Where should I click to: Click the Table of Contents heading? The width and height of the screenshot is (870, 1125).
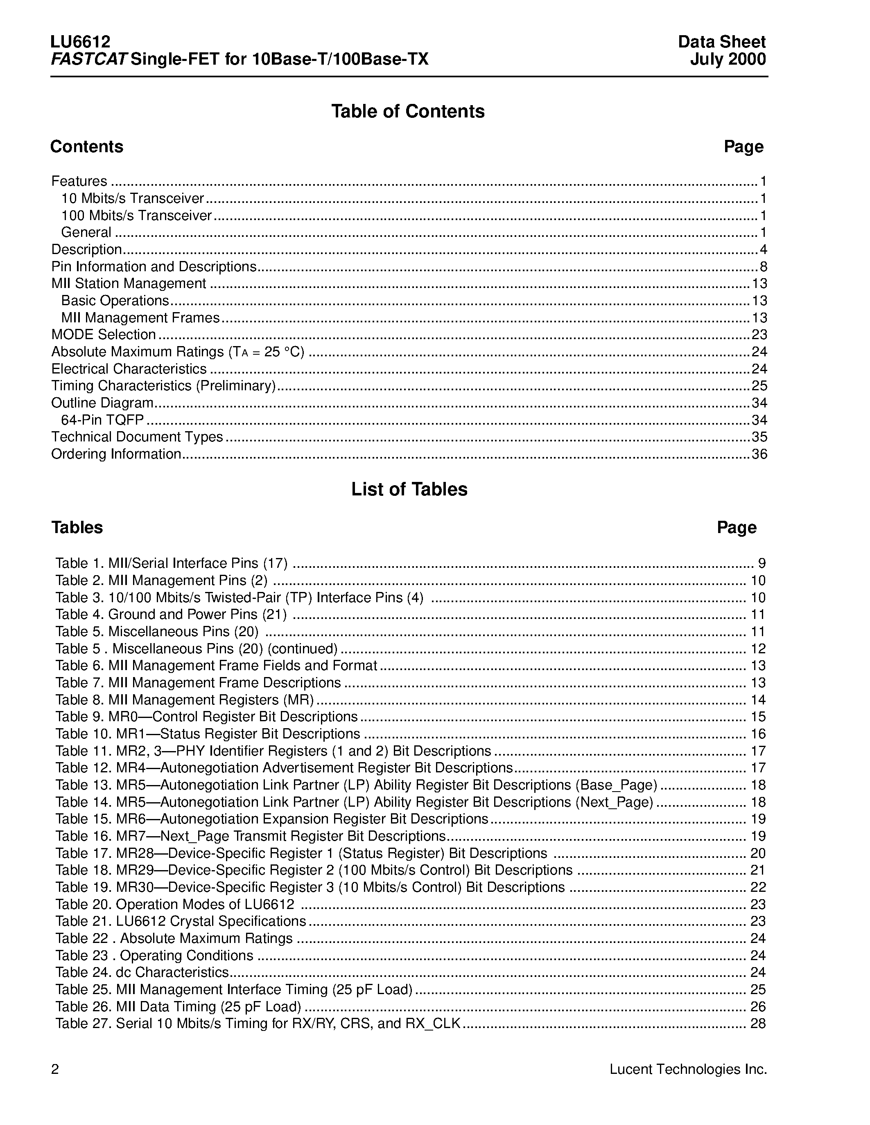pyautogui.click(x=408, y=111)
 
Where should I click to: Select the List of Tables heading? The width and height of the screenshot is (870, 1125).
pyautogui.click(x=409, y=489)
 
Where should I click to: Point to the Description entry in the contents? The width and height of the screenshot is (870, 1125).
pyautogui.click(x=86, y=250)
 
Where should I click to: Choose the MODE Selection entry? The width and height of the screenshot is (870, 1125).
pyautogui.click(x=104, y=335)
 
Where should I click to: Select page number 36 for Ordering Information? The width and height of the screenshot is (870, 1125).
pyautogui.click(x=759, y=454)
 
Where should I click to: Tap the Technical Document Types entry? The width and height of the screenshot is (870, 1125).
pyautogui.click(x=137, y=437)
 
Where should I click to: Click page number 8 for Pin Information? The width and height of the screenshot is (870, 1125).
pyautogui.click(x=763, y=267)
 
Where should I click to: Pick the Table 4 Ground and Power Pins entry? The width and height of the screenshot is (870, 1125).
pyautogui.click(x=171, y=614)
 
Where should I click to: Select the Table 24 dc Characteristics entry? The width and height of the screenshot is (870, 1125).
pyautogui.click(x=142, y=972)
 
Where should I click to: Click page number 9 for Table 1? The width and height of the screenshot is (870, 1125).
pyautogui.click(x=762, y=564)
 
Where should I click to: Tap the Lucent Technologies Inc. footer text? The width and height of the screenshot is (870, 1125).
pyautogui.click(x=688, y=1069)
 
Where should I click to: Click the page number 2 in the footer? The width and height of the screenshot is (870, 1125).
pyautogui.click(x=55, y=1070)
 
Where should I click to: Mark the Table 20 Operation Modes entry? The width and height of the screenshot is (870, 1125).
pyautogui.click(x=175, y=904)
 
